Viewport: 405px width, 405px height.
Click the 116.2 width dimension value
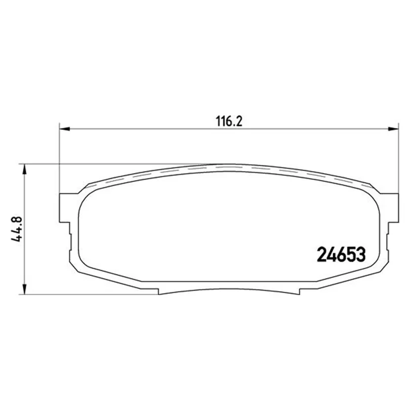pyautogui.click(x=229, y=121)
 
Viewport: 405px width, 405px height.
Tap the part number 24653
pyautogui.click(x=341, y=254)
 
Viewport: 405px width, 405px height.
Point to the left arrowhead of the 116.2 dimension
pyautogui.click(x=65, y=129)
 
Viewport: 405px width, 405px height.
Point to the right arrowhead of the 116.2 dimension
pyautogui.click(x=393, y=129)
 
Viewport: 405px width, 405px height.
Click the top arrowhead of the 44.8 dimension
pyautogui.click(x=24, y=169)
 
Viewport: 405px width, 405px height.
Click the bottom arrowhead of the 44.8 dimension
pyautogui.click(x=24, y=289)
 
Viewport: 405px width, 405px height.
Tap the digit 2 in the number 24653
pyautogui.click(x=321, y=254)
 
